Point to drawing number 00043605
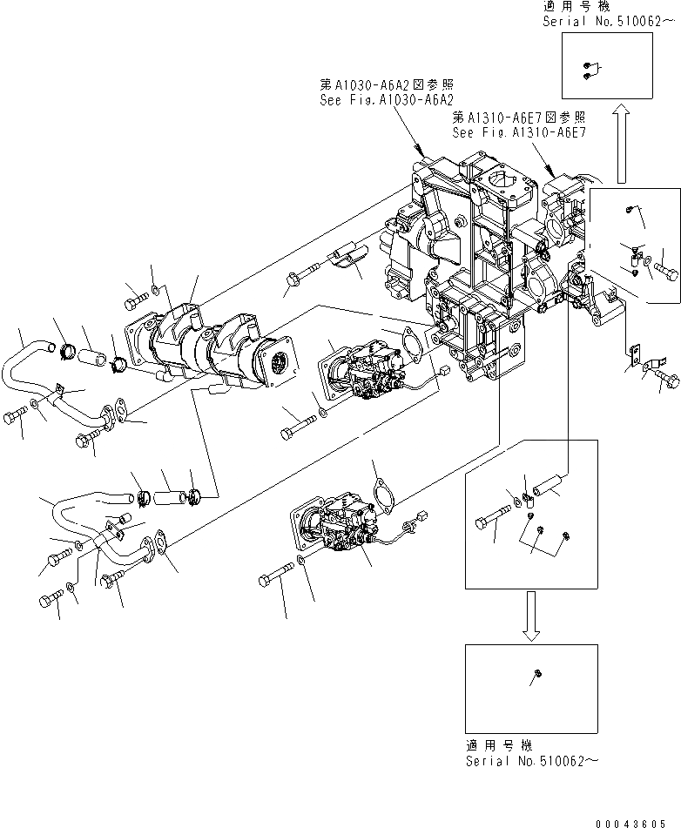click(x=639, y=821)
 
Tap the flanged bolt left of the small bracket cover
click(x=295, y=279)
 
